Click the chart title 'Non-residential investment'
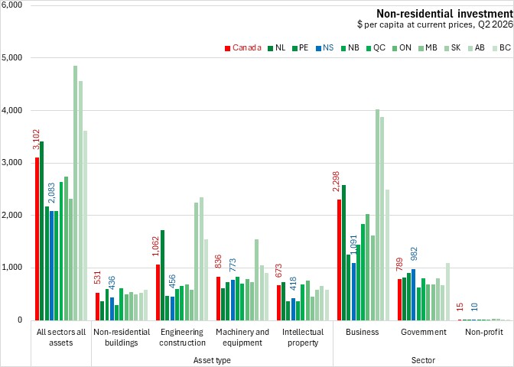[444, 14]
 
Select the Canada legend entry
[243, 48]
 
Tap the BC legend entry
[502, 48]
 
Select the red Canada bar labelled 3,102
[37, 239]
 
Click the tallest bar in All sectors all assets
[76, 193]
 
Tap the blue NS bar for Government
[414, 294]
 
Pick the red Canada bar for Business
[340, 260]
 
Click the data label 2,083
[51, 193]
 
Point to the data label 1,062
[155, 246]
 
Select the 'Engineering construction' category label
[183, 337]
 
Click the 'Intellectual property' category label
[303, 337]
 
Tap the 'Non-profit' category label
[484, 332]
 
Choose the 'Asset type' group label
[212, 360]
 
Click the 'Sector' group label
[423, 360]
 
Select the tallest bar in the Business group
[377, 215]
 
